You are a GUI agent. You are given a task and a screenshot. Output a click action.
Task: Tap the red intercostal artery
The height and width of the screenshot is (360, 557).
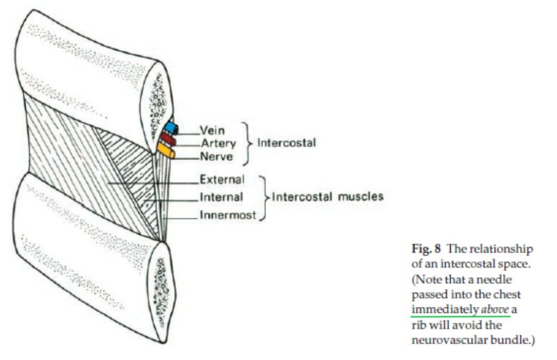tap(169, 139)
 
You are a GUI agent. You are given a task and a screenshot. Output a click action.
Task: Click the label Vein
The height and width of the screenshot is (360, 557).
tap(211, 131)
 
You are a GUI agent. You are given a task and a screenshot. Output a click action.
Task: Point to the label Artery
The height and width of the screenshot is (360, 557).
tap(218, 143)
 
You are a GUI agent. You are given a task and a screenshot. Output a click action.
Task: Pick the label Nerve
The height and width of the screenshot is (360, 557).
tap(216, 156)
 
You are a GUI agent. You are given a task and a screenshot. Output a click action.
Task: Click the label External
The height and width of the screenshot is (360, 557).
tap(222, 179)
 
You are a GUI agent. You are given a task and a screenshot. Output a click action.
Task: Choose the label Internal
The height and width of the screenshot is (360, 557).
tap(221, 197)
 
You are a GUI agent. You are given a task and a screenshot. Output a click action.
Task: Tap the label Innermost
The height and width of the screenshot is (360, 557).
tap(227, 215)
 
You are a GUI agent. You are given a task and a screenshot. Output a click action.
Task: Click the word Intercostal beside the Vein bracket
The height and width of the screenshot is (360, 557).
tap(286, 143)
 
